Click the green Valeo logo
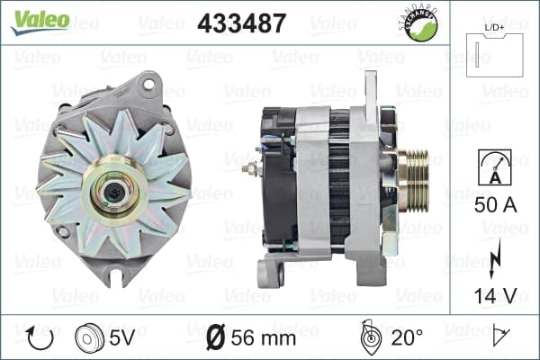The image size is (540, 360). pyautogui.click(x=40, y=22)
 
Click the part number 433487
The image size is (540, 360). pyautogui.click(x=242, y=23)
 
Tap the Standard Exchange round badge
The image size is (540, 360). pyautogui.click(x=419, y=23)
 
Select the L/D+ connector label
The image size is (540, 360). pyautogui.click(x=494, y=28)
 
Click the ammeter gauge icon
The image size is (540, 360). pyautogui.click(x=495, y=167)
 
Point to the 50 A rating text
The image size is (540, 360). pyautogui.click(x=495, y=205)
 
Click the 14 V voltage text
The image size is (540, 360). pyautogui.click(x=495, y=295)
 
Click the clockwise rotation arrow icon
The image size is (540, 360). pyautogui.click(x=40, y=338)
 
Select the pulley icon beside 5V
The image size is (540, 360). pyautogui.click(x=89, y=338)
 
